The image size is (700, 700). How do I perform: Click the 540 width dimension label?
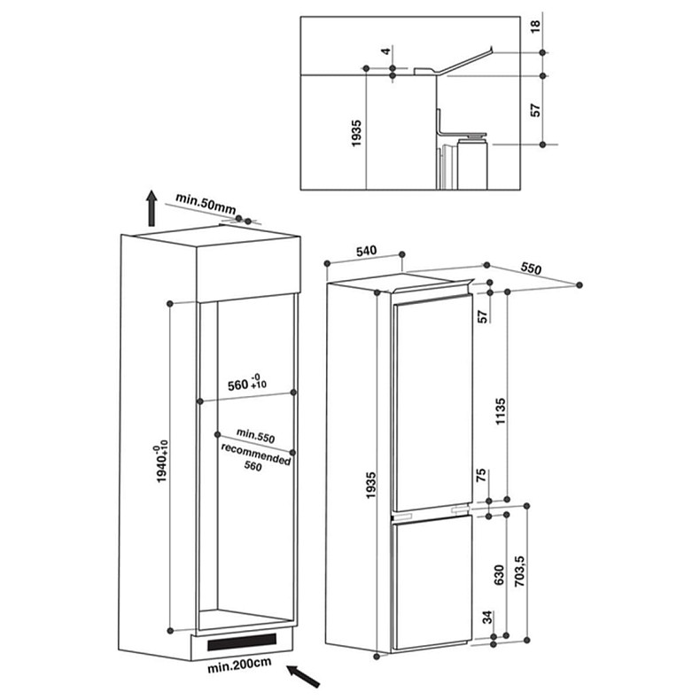pos(367,252)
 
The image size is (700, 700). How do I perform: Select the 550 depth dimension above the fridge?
pos(532,267)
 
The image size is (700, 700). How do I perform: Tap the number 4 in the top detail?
pos(387,51)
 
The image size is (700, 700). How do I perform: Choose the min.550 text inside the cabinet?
pos(256,437)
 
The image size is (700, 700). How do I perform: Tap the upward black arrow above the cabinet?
pos(152,208)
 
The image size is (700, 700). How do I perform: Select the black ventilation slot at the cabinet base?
pos(242,640)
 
